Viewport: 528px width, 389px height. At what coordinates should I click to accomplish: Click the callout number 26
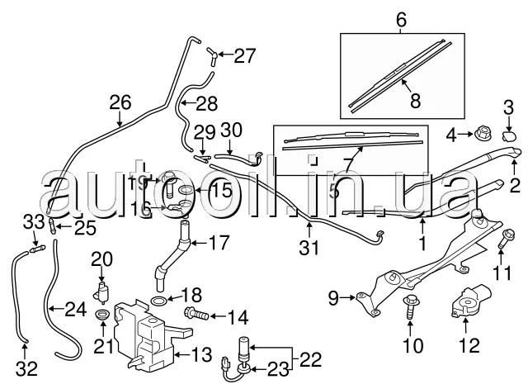(120, 103)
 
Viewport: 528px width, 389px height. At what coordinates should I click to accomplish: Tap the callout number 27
(245, 56)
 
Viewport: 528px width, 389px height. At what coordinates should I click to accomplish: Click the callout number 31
(309, 245)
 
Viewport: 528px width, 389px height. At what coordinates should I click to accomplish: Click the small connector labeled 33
(36, 244)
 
